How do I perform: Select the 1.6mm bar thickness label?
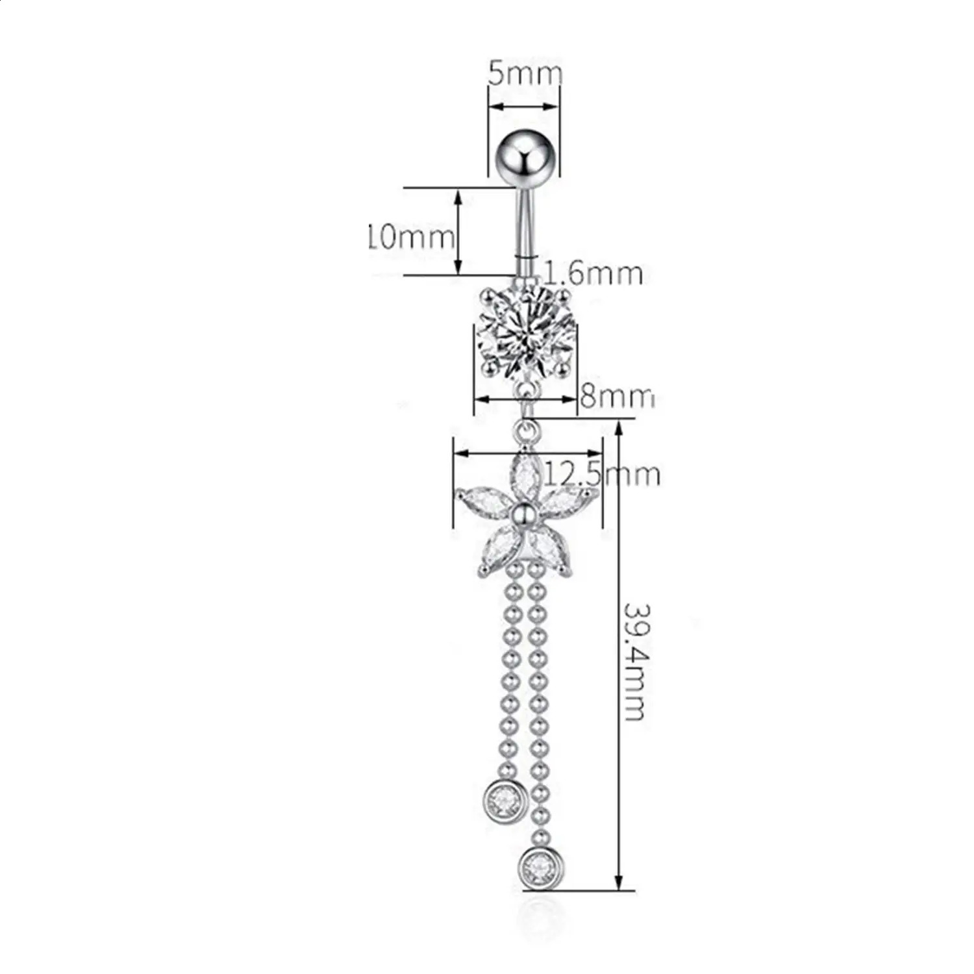pos(593,273)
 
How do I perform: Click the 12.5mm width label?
pos(601,474)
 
